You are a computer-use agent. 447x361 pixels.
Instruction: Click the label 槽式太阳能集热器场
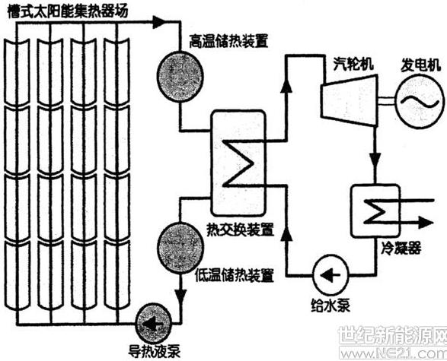click(x=68, y=12)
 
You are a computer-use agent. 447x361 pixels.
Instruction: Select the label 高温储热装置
click(x=229, y=42)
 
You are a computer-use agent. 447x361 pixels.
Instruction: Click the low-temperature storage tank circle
click(x=180, y=248)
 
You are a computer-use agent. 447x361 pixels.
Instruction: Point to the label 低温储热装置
click(x=235, y=275)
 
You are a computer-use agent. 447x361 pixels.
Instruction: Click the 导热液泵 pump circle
click(x=154, y=324)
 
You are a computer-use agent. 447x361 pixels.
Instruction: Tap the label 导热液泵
click(x=154, y=352)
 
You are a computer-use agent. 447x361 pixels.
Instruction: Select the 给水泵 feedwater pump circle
click(x=330, y=274)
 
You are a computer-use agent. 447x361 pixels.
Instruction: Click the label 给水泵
click(x=330, y=306)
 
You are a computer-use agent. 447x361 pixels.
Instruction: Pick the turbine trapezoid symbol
click(x=350, y=100)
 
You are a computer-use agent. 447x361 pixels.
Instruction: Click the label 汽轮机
click(x=353, y=64)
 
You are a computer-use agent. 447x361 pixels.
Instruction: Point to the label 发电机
click(x=421, y=65)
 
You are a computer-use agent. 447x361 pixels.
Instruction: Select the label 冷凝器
click(x=401, y=249)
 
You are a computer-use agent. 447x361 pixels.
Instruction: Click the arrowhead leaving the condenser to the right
click(x=426, y=222)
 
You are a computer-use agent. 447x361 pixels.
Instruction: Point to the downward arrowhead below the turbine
click(x=375, y=159)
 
